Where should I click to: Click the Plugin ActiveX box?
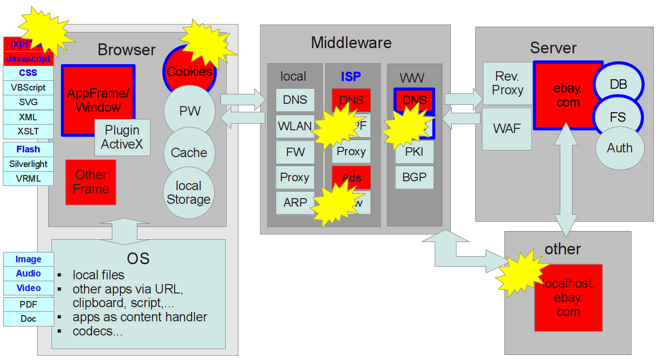point(122,137)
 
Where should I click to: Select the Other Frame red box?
point(91,182)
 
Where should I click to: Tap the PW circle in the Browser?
point(190,111)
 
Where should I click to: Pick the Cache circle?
point(189,152)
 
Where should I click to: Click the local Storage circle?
point(188,193)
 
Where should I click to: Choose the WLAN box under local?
point(295,126)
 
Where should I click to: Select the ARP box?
point(295,202)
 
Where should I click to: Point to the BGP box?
point(414,177)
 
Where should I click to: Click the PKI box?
point(414,152)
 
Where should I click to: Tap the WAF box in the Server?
point(507,129)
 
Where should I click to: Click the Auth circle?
point(619,148)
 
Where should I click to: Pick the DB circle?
point(618,84)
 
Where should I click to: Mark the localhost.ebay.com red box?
point(568,298)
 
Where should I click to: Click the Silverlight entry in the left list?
point(28,164)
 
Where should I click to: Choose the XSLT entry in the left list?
point(28,132)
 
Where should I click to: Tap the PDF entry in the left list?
point(28,304)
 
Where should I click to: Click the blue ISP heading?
point(351,76)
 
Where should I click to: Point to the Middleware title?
point(351,43)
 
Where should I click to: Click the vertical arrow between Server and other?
point(565,182)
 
